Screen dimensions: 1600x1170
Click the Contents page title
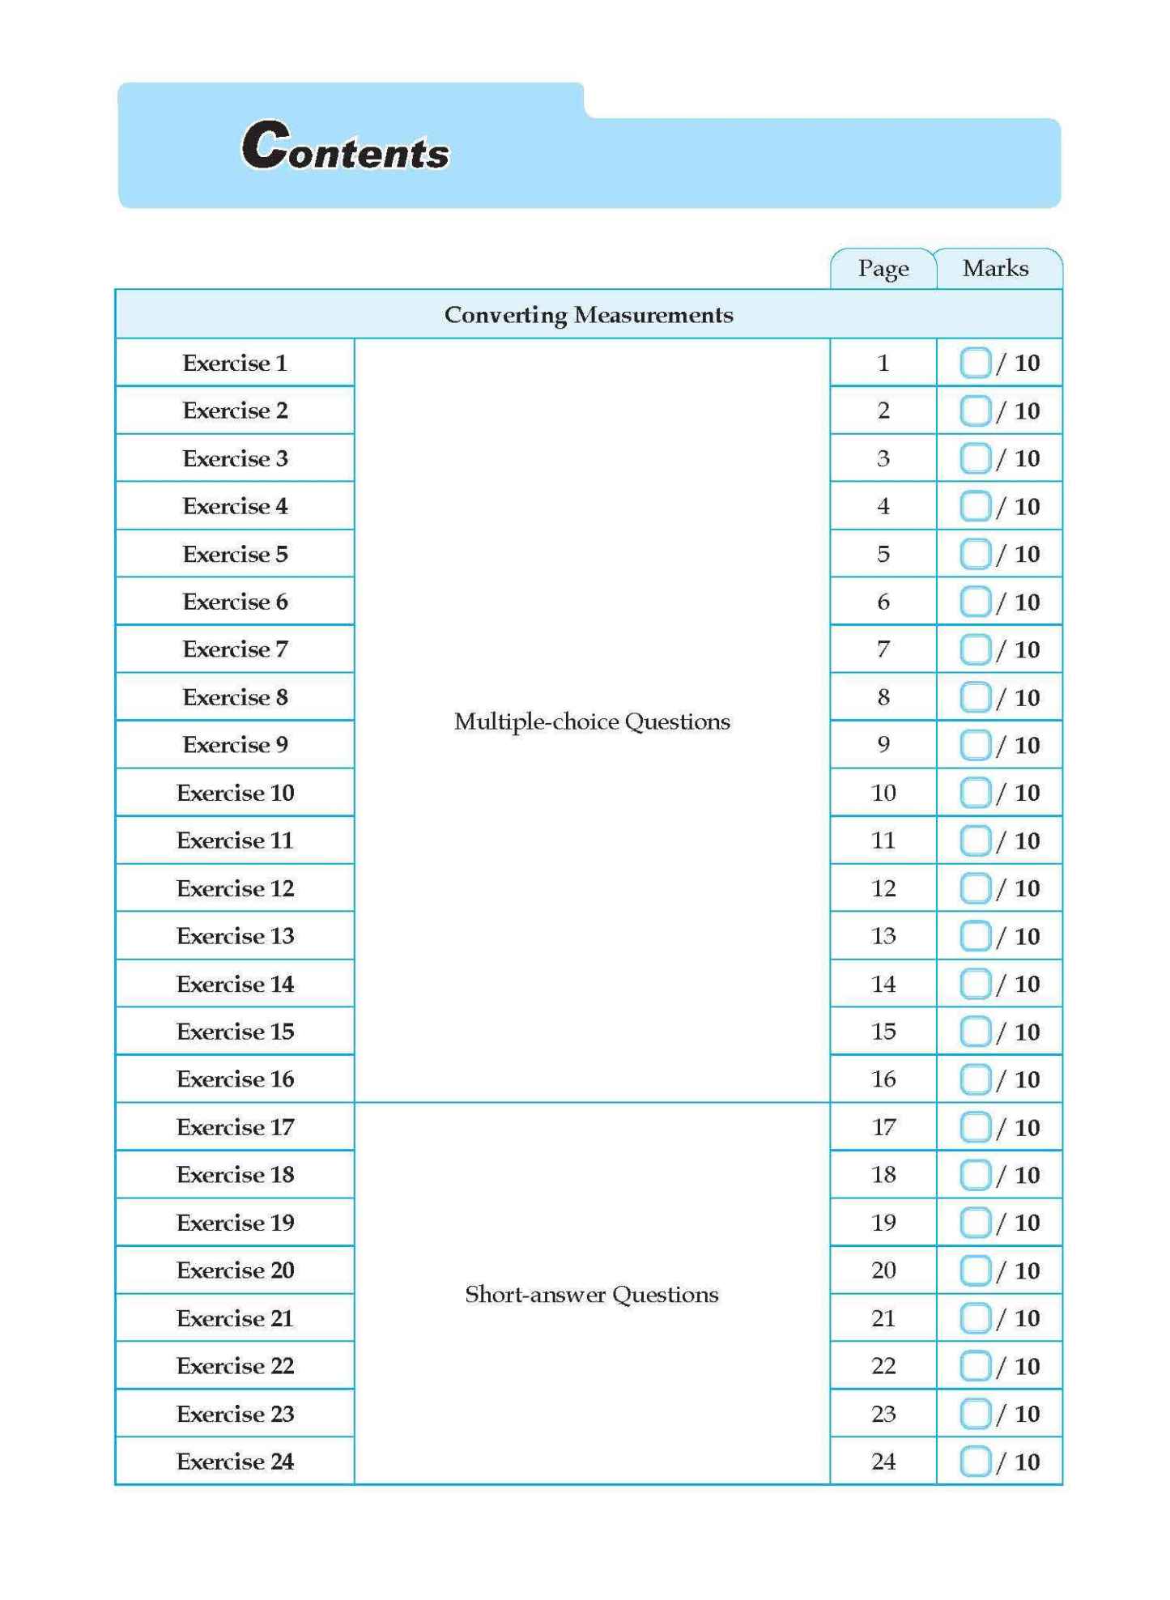coord(346,146)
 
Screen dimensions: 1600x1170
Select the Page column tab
coord(883,269)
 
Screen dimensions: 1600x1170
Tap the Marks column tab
coord(995,269)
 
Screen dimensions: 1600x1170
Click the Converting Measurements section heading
coord(589,315)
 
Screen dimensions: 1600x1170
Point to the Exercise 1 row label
coord(235,363)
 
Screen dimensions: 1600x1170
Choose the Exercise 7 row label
coord(235,649)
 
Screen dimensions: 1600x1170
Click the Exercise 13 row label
coord(235,936)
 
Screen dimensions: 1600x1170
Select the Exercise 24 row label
coord(235,1462)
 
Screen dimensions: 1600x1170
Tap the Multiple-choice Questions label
coord(592,721)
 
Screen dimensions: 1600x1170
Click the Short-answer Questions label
coord(592,1295)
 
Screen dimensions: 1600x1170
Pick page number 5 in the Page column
coord(883,555)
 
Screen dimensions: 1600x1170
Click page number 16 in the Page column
coord(883,1079)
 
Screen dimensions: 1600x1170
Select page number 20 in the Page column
coord(883,1270)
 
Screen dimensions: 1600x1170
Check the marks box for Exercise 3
coord(975,459)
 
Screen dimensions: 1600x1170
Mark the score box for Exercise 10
coord(975,794)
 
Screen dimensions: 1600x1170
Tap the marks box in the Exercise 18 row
coord(975,1175)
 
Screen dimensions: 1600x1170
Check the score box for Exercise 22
coord(975,1366)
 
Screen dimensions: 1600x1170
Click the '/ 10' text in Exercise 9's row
coord(1019,746)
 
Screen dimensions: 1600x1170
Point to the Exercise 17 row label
coord(235,1127)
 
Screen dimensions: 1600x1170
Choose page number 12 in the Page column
coord(883,888)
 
